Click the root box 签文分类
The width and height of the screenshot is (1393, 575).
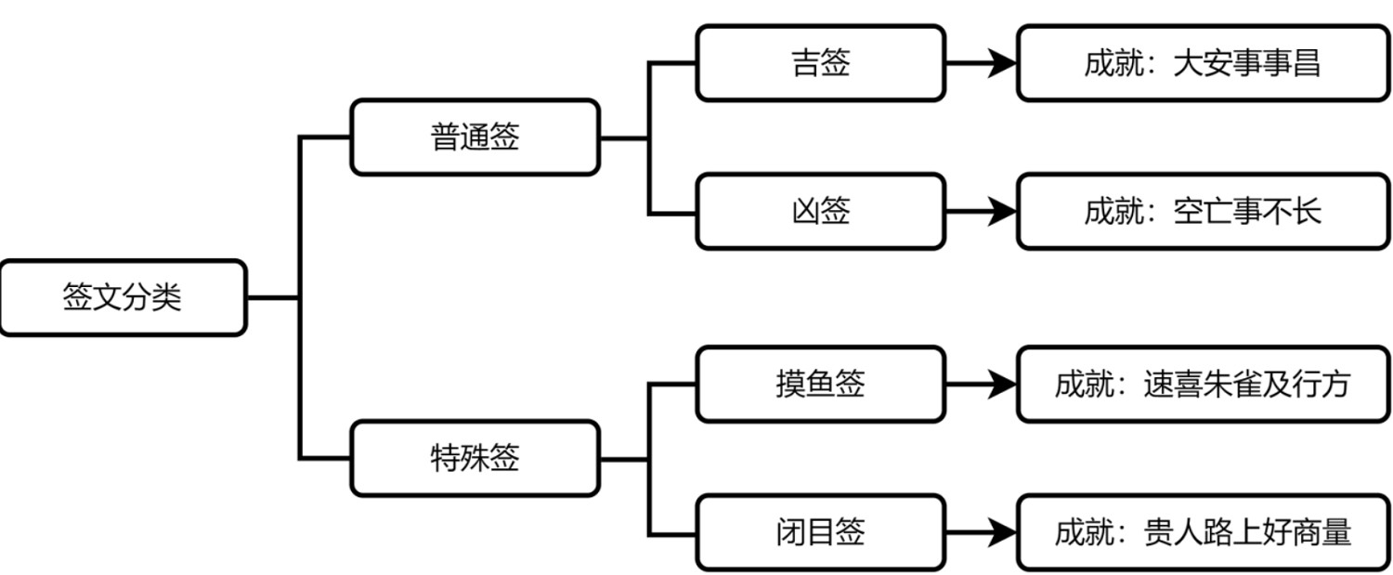(123, 298)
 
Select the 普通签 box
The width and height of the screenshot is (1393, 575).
(474, 137)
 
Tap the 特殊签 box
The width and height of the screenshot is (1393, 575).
(474, 458)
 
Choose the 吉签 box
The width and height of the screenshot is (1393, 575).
(820, 63)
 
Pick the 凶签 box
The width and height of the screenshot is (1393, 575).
(820, 212)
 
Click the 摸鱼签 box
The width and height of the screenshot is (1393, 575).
(820, 384)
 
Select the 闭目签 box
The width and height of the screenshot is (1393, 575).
(820, 532)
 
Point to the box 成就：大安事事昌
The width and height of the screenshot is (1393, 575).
(1202, 63)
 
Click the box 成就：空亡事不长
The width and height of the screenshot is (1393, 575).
(1202, 212)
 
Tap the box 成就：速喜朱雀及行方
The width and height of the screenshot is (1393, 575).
(1202, 384)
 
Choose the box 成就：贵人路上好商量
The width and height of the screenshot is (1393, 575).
(1202, 532)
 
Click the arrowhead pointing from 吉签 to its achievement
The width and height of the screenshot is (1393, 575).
(1001, 63)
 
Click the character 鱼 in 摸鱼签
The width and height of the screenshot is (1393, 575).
(820, 384)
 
